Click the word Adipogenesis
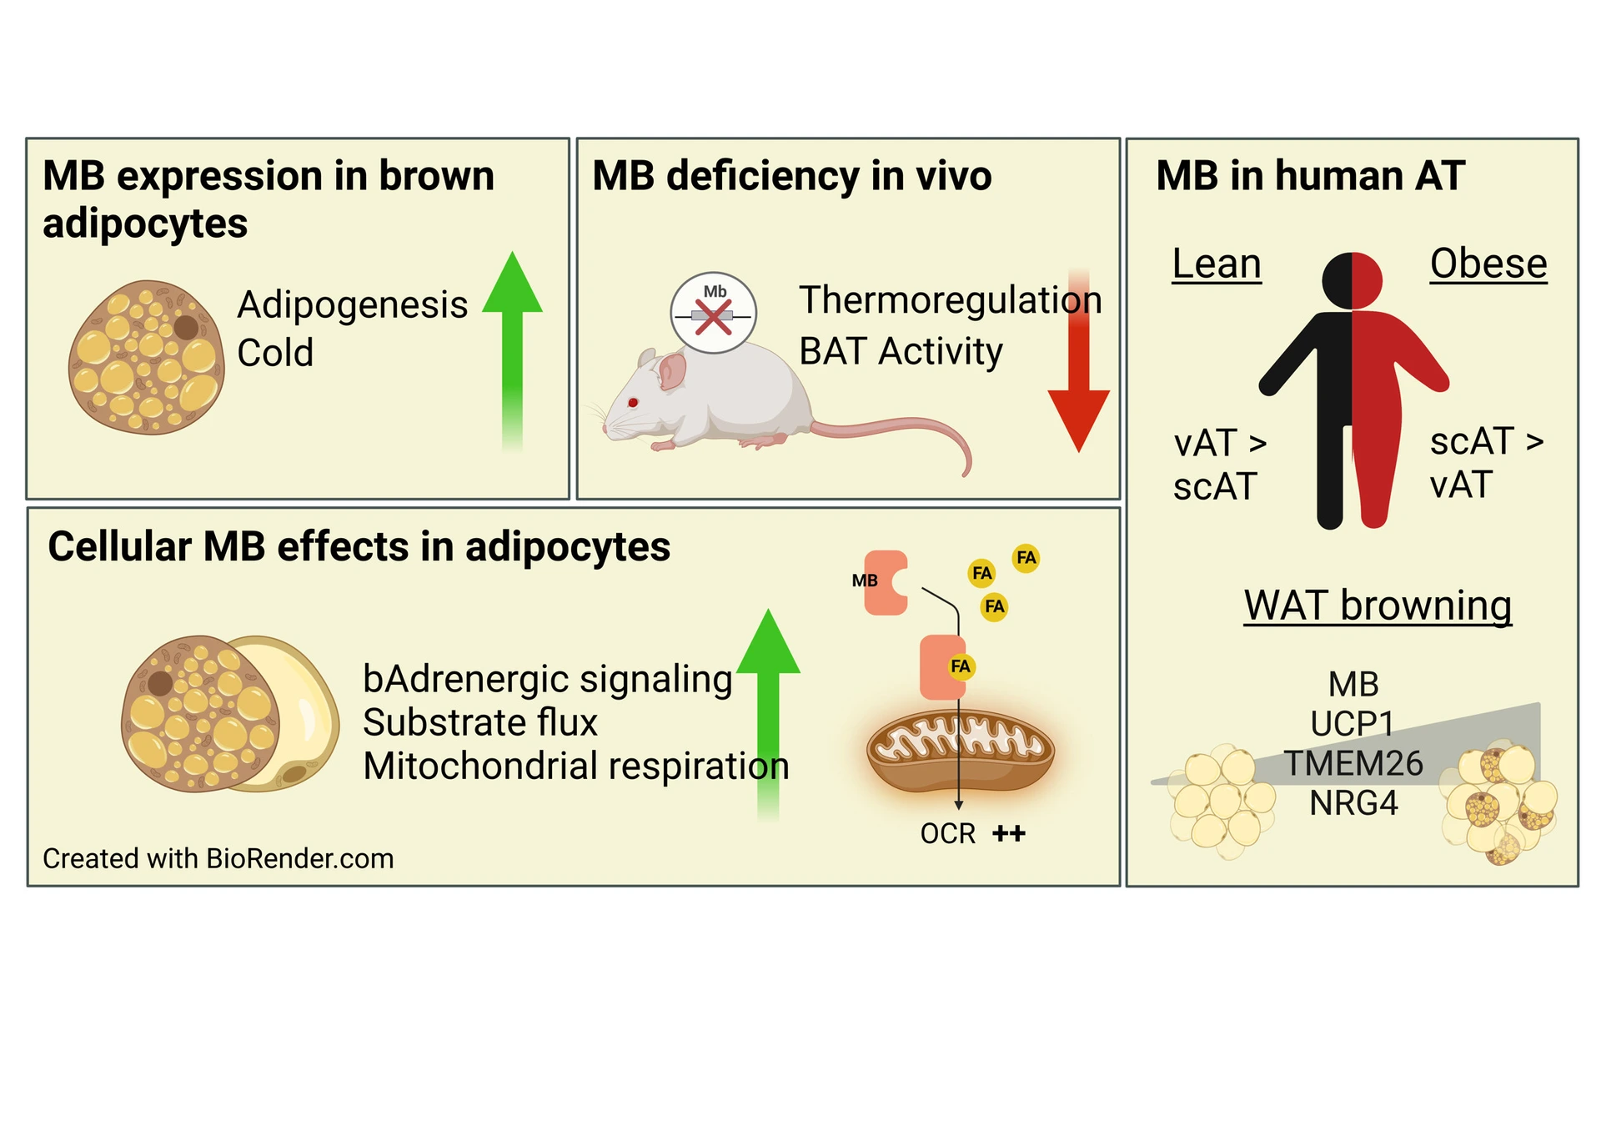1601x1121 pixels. (x=352, y=304)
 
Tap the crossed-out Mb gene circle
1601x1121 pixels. (x=714, y=313)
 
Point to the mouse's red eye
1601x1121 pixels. (x=633, y=403)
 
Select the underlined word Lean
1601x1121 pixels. (x=1216, y=264)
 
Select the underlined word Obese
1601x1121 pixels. (x=1488, y=264)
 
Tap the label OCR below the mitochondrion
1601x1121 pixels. (x=947, y=833)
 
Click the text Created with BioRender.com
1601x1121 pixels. (x=218, y=858)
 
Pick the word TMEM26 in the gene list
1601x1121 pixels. (x=1353, y=763)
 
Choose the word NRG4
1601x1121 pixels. (x=1353, y=803)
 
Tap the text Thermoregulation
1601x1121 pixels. (x=950, y=299)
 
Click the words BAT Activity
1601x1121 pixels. (x=900, y=351)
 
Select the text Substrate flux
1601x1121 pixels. (x=480, y=722)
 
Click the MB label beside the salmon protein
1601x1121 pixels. (x=864, y=581)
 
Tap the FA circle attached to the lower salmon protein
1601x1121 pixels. (x=961, y=666)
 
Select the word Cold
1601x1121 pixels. (x=275, y=353)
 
